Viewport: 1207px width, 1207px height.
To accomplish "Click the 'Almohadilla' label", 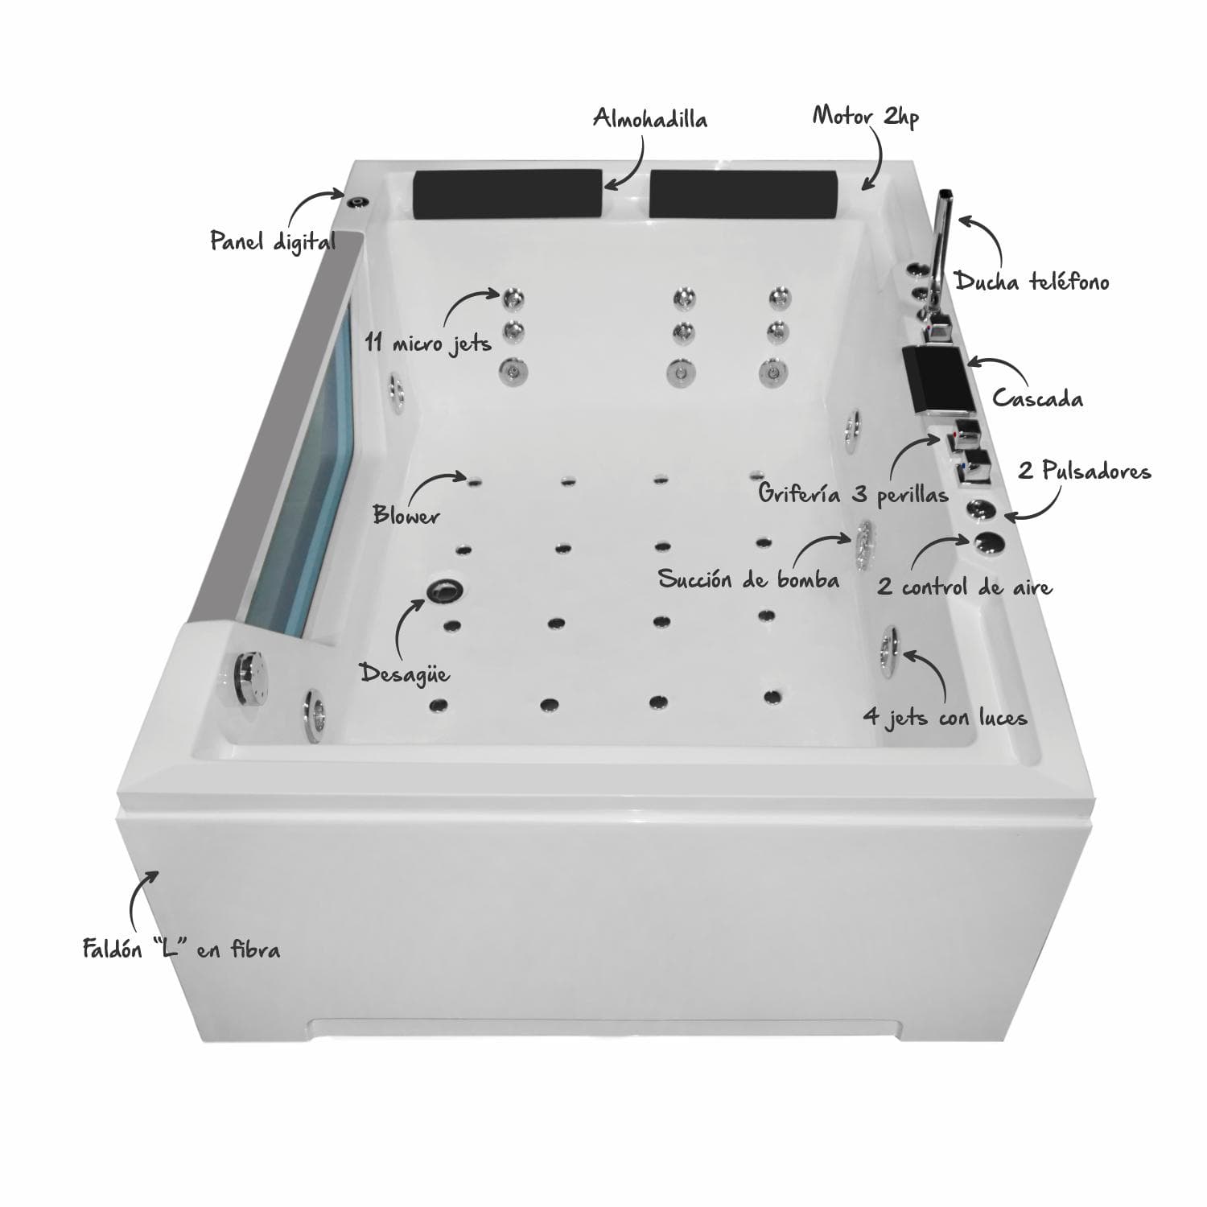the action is (650, 119).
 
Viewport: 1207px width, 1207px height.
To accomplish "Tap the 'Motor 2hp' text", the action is (865, 117).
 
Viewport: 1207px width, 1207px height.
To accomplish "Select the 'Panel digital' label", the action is (273, 241).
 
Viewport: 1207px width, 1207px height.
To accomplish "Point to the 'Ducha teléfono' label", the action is (1032, 282).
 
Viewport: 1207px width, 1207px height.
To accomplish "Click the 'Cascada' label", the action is (1037, 398).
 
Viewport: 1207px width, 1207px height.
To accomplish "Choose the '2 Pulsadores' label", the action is (1085, 471).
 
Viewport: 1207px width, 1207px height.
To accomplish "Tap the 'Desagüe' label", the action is (404, 673).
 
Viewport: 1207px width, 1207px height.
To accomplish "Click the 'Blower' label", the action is (406, 515).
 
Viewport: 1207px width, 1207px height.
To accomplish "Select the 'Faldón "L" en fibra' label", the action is (182, 949).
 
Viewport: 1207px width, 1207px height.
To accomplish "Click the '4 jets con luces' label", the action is (945, 716).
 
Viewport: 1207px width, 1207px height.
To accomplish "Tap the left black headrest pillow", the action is (508, 193).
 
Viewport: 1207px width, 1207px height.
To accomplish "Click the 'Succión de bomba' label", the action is (748, 579).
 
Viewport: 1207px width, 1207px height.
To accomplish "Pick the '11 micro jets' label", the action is (428, 343).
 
